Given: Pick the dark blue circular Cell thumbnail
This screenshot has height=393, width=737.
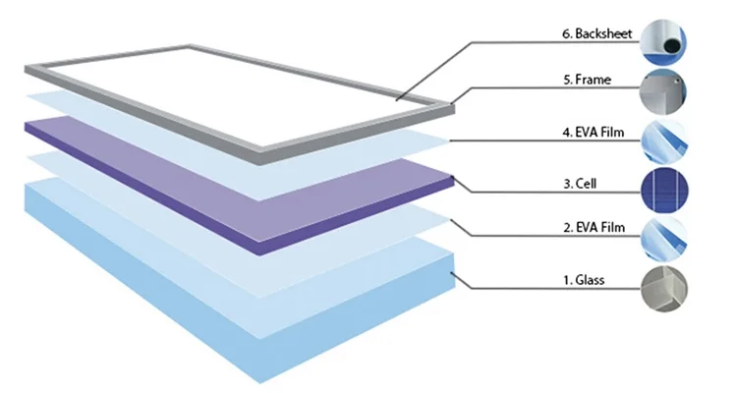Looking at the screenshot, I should (x=663, y=191).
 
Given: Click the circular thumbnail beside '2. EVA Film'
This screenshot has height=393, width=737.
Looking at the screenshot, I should (x=663, y=240).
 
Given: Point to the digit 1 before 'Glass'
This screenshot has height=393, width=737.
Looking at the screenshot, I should (x=567, y=281).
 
